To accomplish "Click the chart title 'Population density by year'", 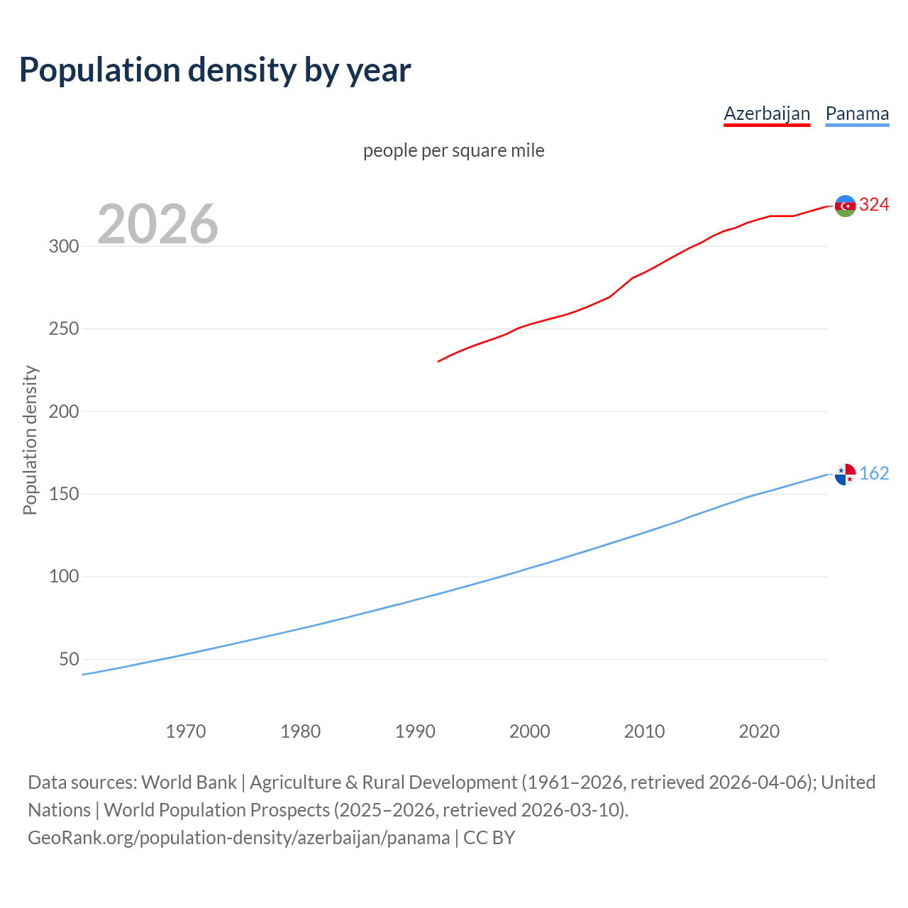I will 215,70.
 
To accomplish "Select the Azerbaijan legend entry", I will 766,113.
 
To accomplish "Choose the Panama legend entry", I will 857,113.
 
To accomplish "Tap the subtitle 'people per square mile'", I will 453,150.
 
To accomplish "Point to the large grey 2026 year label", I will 157,224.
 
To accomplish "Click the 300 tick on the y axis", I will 63,247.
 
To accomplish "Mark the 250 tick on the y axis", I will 63,329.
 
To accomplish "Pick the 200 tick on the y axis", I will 63,411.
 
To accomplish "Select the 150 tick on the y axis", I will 63,494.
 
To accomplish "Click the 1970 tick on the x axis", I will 186,731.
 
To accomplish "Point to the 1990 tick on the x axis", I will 415,731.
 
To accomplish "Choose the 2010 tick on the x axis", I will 644,731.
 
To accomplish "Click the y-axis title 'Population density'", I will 30,440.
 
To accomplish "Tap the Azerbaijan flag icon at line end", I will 845,206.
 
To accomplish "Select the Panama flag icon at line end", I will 845,474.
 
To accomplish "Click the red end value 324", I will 874,205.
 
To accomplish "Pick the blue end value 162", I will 874,473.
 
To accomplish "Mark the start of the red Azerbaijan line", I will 439,361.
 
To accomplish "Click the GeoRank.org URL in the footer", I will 238,838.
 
